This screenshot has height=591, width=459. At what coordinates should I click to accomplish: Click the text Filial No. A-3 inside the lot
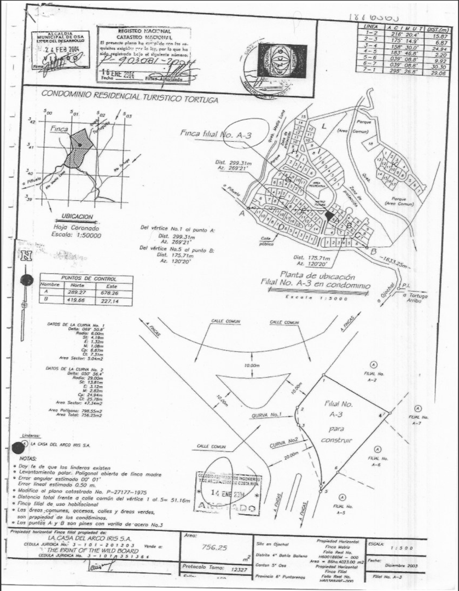[x=340, y=409]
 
